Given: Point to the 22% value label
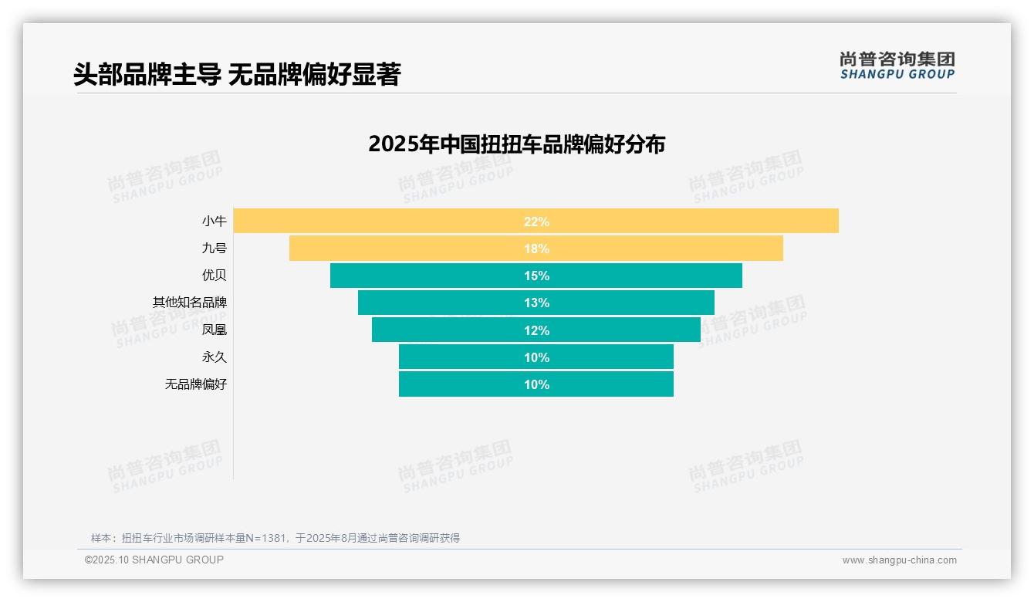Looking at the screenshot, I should click(536, 222).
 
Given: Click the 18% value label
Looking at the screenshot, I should click(536, 249).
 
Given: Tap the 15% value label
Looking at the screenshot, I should click(536, 276).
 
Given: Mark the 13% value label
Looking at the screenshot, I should click(536, 303).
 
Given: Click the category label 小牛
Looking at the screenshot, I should click(215, 222).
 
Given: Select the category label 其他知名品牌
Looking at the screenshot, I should click(190, 303).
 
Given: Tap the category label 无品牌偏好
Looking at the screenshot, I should click(196, 384).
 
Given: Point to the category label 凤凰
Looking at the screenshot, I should click(215, 330).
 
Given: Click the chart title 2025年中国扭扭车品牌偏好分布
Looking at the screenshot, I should click(516, 144).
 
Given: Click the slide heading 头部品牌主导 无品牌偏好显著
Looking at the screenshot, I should click(237, 74).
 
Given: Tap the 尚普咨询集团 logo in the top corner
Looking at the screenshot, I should click(897, 65).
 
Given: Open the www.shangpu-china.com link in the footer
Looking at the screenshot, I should click(899, 560).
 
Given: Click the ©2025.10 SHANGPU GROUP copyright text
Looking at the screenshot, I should click(154, 560).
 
